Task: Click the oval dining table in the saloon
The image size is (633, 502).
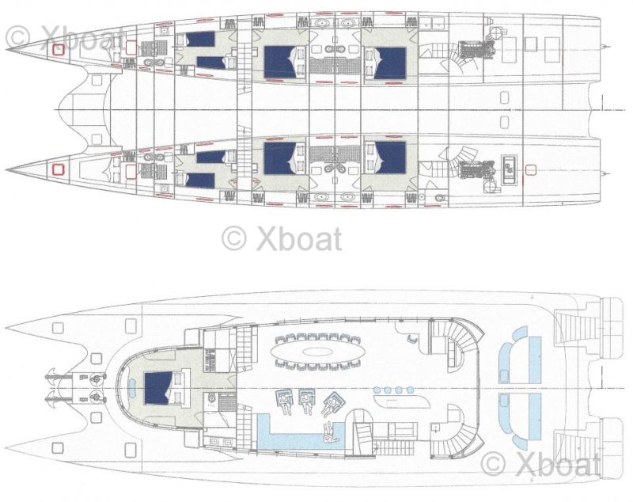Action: pos(318,351)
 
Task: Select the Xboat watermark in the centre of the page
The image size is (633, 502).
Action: pos(282,238)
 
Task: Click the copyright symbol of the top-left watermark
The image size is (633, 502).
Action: pos(18,36)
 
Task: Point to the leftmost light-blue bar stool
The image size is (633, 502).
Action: pos(377,390)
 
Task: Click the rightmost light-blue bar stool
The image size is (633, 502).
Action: pos(410,390)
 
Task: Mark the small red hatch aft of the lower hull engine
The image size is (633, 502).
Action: pos(531,170)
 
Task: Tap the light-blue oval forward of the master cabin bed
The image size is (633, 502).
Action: pos(132,388)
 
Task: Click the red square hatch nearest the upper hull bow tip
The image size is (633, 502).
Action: pos(59,49)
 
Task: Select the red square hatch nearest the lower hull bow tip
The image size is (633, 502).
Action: pos(59,169)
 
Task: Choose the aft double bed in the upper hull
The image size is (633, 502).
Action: pos(389,63)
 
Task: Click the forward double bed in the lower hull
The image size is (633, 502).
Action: pos(279,158)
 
